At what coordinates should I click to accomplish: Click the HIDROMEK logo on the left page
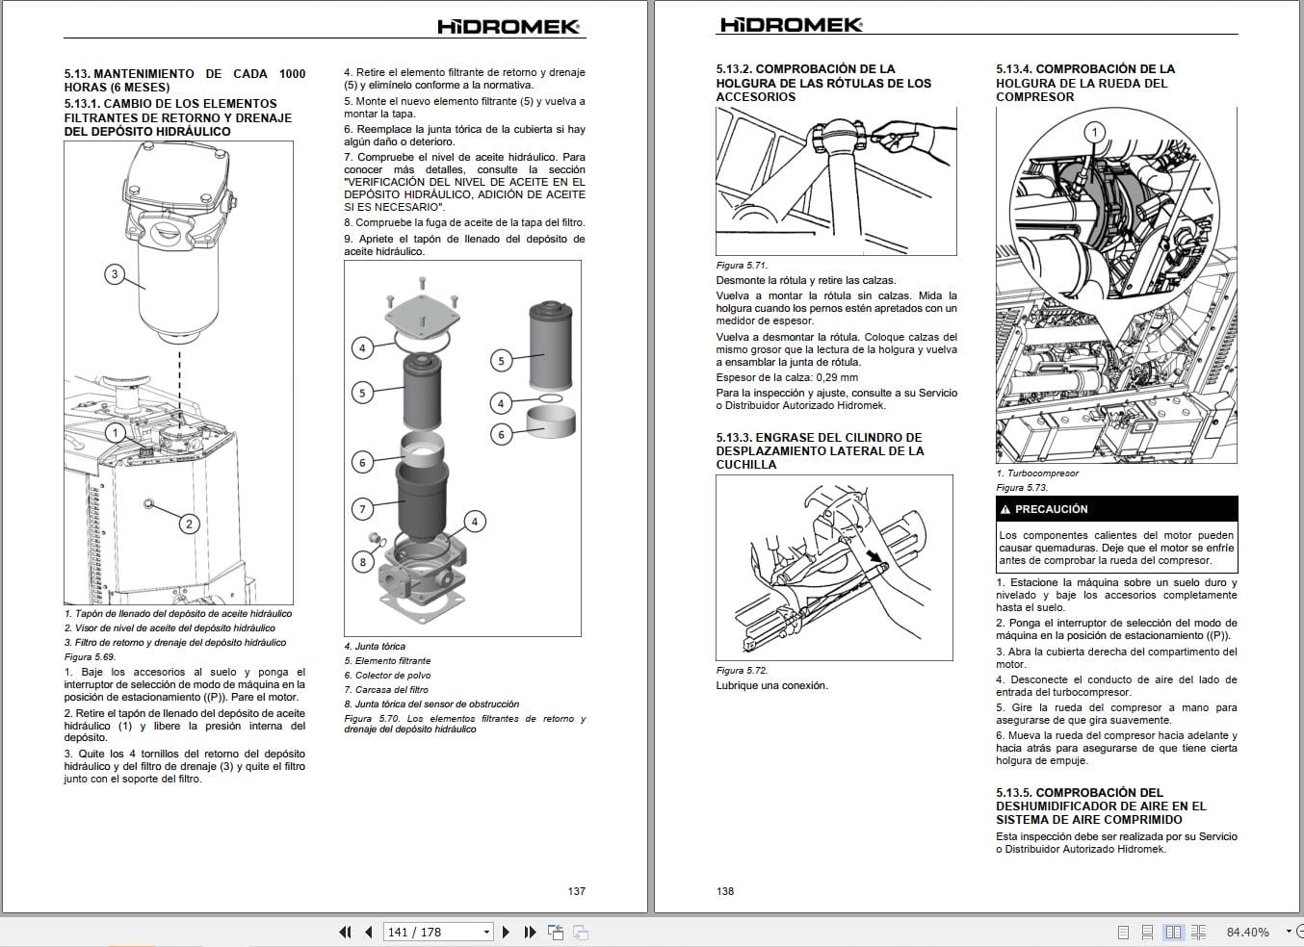(x=509, y=26)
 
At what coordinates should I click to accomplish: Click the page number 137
(x=576, y=891)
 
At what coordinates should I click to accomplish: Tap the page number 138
(x=725, y=891)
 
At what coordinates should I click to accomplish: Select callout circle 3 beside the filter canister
(x=115, y=274)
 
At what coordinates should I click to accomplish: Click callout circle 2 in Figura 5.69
(x=189, y=524)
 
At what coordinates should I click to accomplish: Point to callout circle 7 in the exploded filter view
(x=362, y=509)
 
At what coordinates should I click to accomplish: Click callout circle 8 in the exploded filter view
(x=362, y=562)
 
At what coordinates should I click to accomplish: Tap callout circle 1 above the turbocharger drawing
(x=1094, y=132)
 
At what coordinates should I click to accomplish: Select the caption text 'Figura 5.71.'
(x=742, y=266)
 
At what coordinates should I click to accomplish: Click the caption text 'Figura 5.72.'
(x=742, y=671)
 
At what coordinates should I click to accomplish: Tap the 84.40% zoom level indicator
(x=1247, y=932)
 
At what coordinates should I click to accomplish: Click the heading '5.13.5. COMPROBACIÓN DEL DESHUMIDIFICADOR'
(x=1101, y=806)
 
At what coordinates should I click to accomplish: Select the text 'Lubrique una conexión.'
(x=771, y=686)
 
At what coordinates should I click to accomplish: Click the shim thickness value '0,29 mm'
(x=836, y=378)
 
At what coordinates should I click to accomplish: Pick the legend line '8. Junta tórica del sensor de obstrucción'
(x=431, y=704)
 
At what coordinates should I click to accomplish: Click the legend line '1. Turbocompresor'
(x=1037, y=473)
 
